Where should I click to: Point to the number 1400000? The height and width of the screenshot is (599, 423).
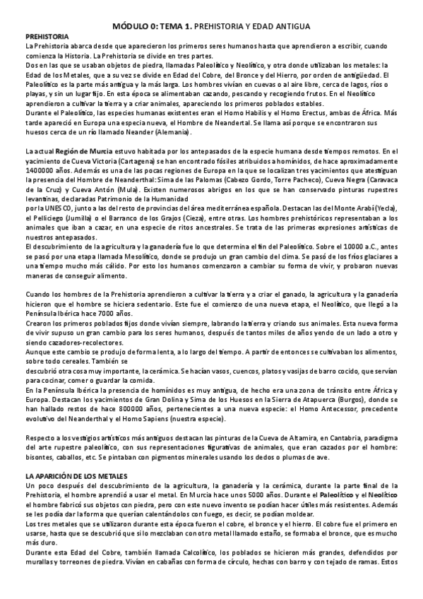[x=42, y=172]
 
